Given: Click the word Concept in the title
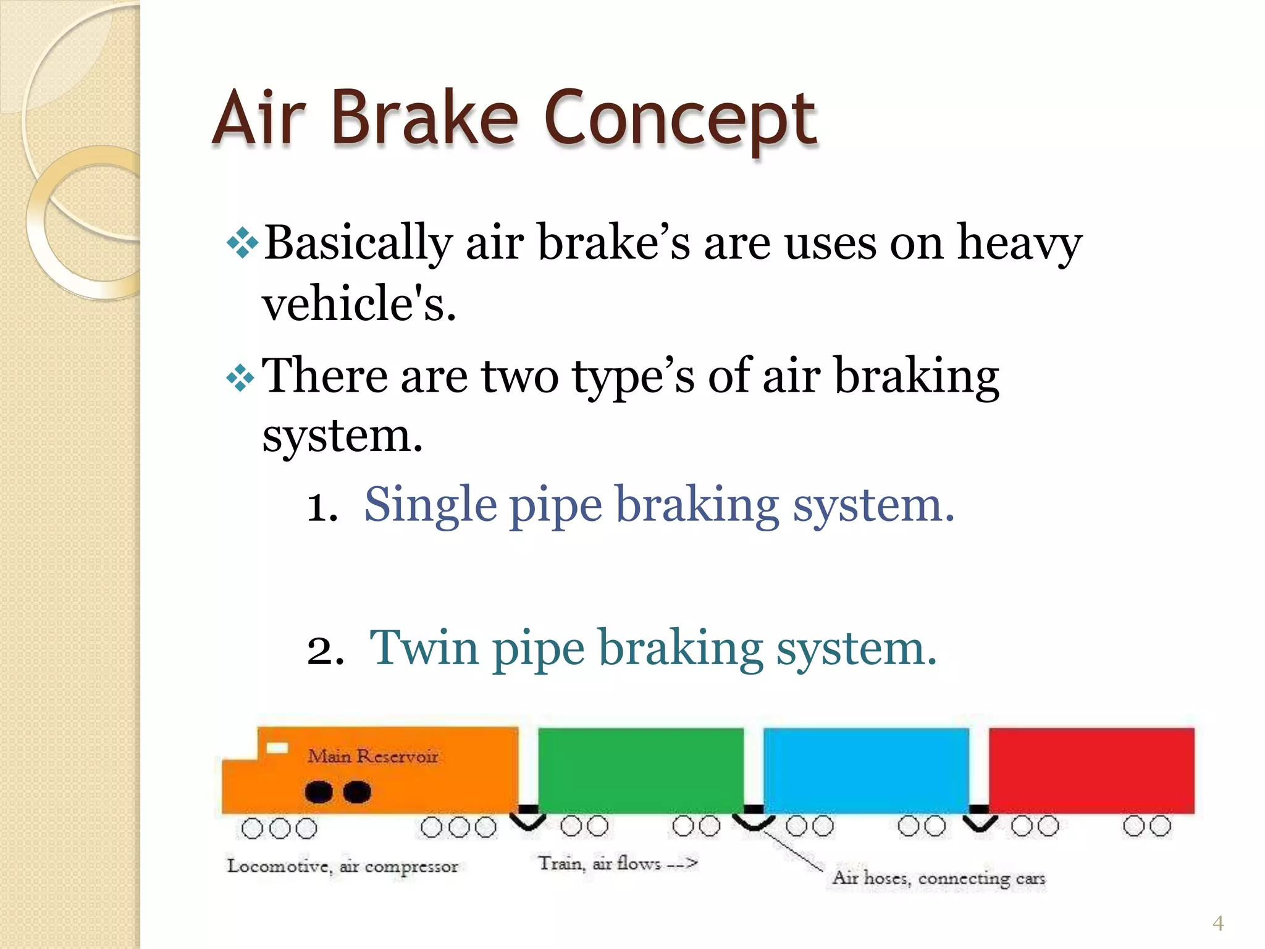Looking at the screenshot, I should pyautogui.click(x=680, y=119).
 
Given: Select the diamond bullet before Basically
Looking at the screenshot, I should pyautogui.click(x=242, y=243).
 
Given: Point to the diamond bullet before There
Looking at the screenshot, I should pyautogui.click(x=240, y=377).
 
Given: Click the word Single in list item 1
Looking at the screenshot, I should pyautogui.click(x=430, y=505).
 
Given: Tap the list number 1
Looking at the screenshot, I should pyautogui.click(x=322, y=508).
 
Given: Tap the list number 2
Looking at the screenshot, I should pyautogui.click(x=324, y=651).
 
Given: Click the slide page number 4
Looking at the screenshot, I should pyautogui.click(x=1217, y=923).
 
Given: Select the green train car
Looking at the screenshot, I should pyautogui.click(x=641, y=770).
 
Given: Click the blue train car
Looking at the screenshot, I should pyautogui.click(x=866, y=770).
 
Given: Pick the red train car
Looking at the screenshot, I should pyautogui.click(x=1091, y=770).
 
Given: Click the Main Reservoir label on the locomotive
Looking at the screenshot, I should pyautogui.click(x=372, y=756).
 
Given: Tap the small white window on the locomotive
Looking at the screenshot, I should pyautogui.click(x=277, y=748).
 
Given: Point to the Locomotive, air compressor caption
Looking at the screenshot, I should pyautogui.click(x=343, y=866).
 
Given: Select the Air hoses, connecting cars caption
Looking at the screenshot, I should pyautogui.click(x=938, y=878).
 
